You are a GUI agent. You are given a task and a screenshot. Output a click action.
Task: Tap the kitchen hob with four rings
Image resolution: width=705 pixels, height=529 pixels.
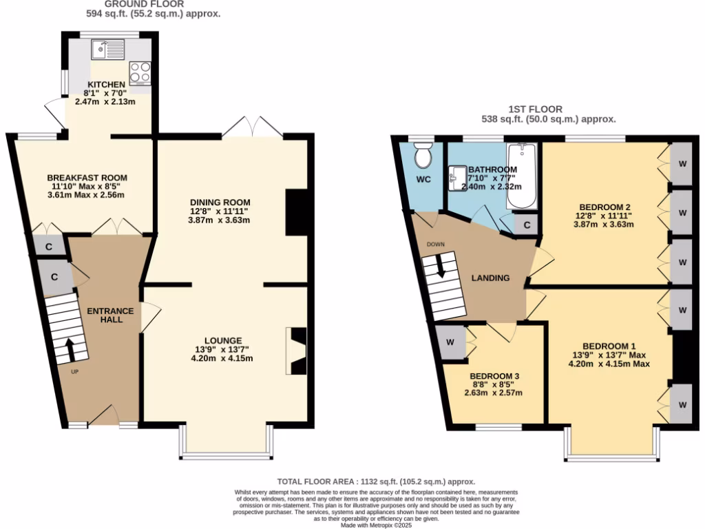(x=140, y=73)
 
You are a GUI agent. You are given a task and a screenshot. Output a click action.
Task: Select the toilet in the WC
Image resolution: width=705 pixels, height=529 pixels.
(x=423, y=156)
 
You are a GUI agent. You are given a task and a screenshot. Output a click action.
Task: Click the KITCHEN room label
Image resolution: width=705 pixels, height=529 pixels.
(x=105, y=85)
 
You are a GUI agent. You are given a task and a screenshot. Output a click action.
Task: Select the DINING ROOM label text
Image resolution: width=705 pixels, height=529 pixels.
(x=220, y=202)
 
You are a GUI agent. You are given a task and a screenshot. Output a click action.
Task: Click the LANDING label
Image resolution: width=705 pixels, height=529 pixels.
(x=490, y=278)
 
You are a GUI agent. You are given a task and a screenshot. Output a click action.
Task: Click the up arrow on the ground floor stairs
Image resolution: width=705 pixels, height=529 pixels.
(x=68, y=347)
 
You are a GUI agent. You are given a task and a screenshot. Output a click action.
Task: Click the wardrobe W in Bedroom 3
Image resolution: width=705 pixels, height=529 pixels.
(x=450, y=342)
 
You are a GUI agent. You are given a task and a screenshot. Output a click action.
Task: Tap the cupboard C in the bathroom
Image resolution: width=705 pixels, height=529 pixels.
(x=527, y=225)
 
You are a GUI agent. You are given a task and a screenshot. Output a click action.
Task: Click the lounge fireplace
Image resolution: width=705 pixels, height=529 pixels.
(x=297, y=351)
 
